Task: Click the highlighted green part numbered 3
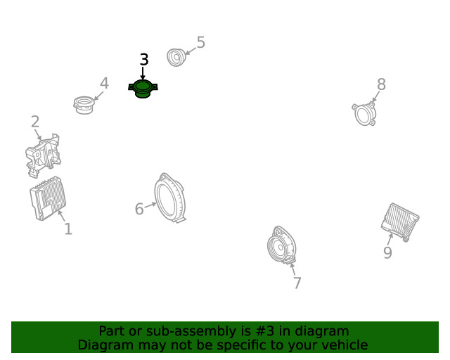click(143, 89)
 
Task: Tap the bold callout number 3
click(144, 60)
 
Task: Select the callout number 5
click(201, 42)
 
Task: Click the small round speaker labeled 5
click(176, 58)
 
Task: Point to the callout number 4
click(104, 83)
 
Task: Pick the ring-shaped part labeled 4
click(84, 105)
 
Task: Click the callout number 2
click(35, 122)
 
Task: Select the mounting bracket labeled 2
click(43, 155)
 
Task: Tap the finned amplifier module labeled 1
click(48, 198)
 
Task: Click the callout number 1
click(68, 229)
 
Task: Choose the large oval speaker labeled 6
click(170, 198)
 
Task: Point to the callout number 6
click(139, 209)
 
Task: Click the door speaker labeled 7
click(281, 245)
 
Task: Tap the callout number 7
click(297, 283)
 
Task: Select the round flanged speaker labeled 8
click(364, 114)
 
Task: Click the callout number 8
click(381, 84)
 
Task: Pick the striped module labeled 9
click(400, 222)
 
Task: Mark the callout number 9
click(387, 252)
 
